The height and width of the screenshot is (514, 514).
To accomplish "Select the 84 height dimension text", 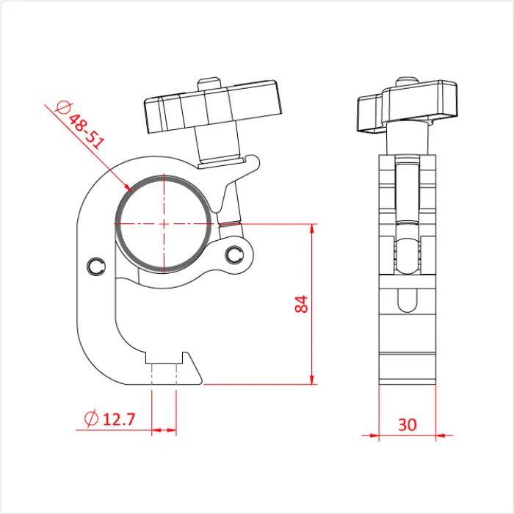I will [x=301, y=304].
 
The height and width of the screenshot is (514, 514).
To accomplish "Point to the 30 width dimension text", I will [x=408, y=424].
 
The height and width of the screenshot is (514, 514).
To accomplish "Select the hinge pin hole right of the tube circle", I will [x=234, y=254].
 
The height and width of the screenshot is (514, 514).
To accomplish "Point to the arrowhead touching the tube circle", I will [x=126, y=185].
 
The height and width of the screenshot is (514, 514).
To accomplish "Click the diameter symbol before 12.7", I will [x=92, y=419].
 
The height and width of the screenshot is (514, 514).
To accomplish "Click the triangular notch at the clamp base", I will [x=193, y=367].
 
